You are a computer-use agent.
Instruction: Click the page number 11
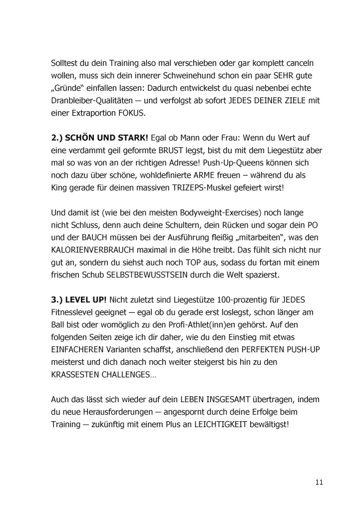[319, 482]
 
